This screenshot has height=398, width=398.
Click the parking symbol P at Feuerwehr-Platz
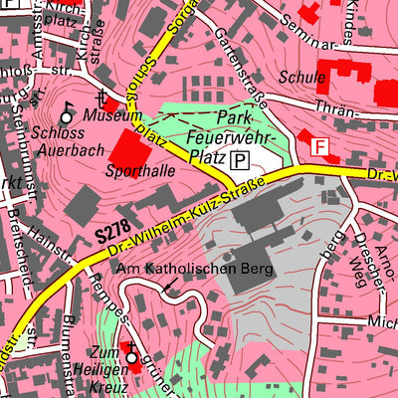[239, 160]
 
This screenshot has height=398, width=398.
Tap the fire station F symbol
[319, 146]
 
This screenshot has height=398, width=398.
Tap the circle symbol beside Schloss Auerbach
[68, 117]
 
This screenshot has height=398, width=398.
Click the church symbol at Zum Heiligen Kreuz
[129, 351]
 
